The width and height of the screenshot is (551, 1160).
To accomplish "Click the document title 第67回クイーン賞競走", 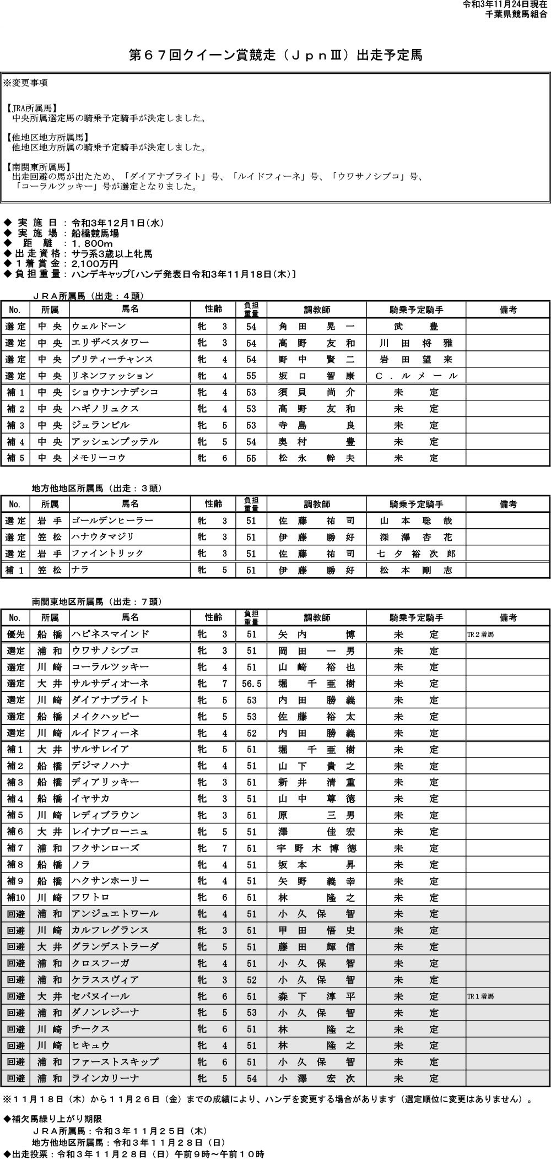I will (275, 55).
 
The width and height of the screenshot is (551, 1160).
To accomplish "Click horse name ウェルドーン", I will (99, 327).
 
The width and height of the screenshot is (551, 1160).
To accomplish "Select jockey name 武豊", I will (416, 327).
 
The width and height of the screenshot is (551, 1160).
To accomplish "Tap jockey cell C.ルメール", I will (416, 376).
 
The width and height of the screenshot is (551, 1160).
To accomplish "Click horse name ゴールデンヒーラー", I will (112, 521).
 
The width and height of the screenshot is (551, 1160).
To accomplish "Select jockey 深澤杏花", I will (416, 537).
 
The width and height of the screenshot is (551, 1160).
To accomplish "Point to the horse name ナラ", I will (80, 570).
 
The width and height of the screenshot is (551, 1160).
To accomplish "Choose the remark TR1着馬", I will (481, 996).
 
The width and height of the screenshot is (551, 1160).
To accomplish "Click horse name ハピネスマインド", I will (110, 635).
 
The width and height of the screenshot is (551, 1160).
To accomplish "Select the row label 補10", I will (15, 898).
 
